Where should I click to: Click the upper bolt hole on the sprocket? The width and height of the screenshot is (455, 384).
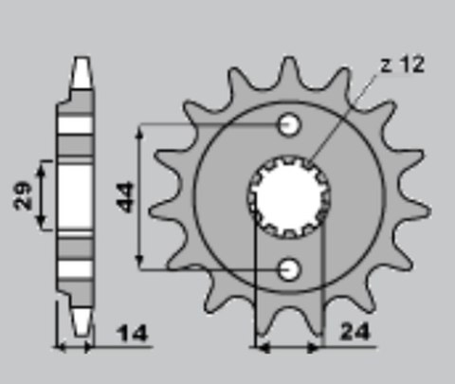[290, 125]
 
